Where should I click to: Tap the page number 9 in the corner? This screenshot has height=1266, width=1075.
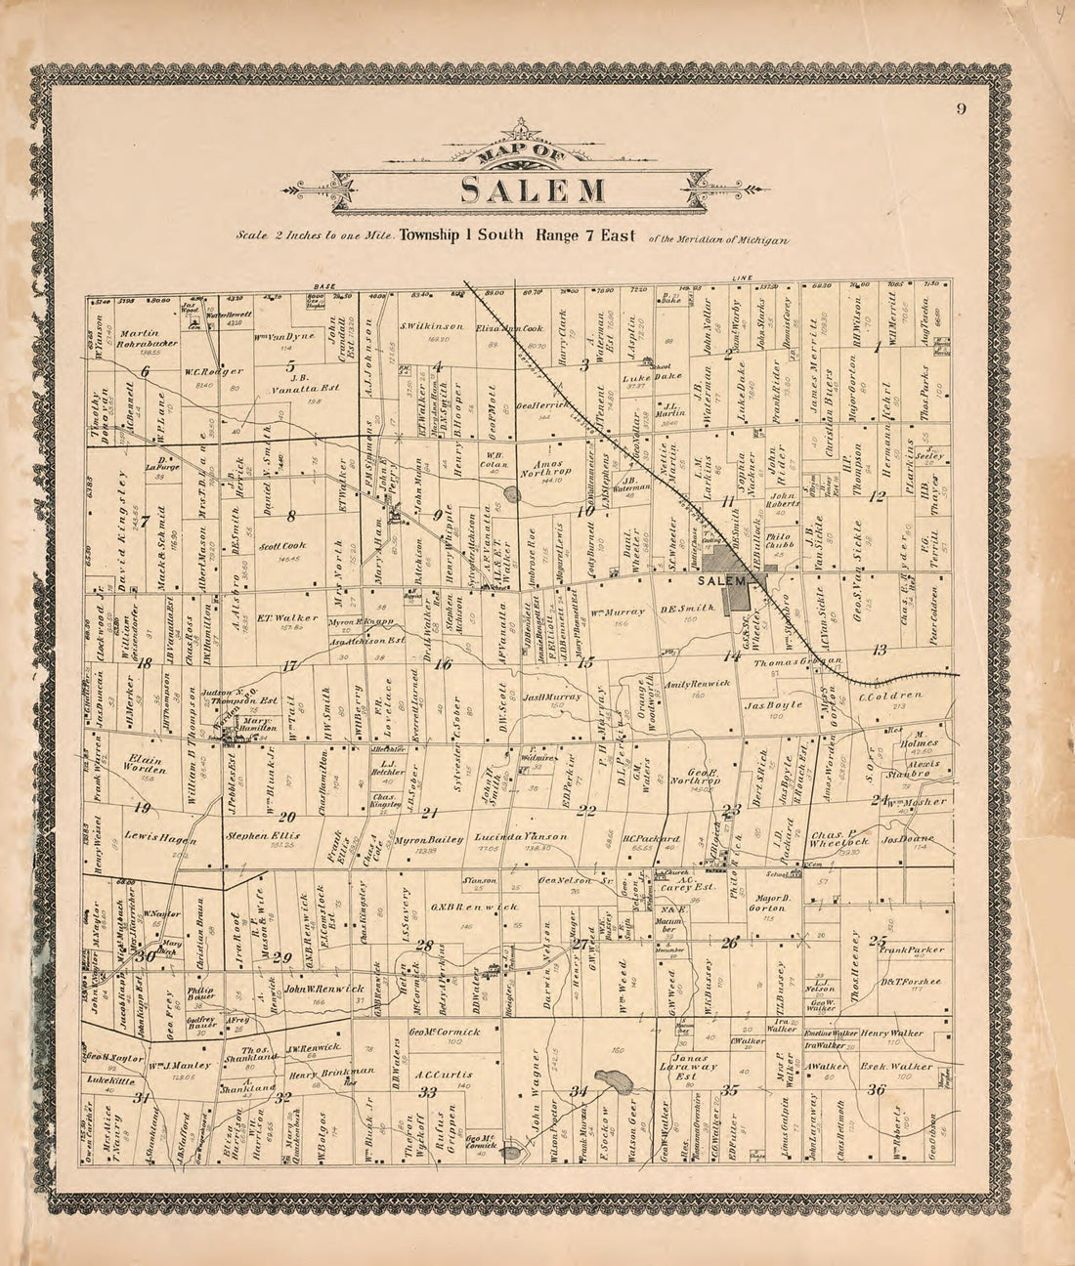(x=961, y=108)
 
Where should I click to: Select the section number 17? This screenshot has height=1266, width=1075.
(x=289, y=667)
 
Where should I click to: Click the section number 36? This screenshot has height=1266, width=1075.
(x=877, y=1091)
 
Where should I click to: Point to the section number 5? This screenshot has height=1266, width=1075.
(x=290, y=368)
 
